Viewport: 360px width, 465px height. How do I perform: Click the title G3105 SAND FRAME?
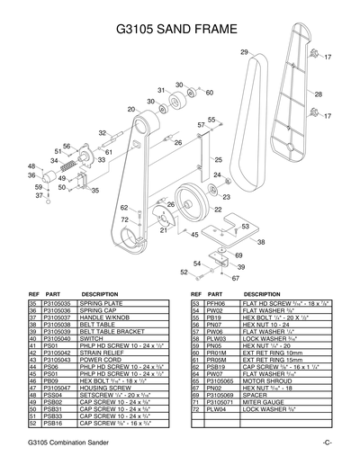[x=180, y=30]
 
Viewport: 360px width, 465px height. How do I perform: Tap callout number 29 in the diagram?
[x=244, y=54]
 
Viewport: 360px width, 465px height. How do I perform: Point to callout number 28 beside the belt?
[x=318, y=94]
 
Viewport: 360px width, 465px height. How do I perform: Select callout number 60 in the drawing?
[x=209, y=93]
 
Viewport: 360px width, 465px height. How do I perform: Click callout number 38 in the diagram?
[x=260, y=242]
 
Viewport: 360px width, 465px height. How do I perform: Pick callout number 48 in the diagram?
[x=31, y=166]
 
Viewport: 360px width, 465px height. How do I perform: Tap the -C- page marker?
[x=326, y=447]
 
